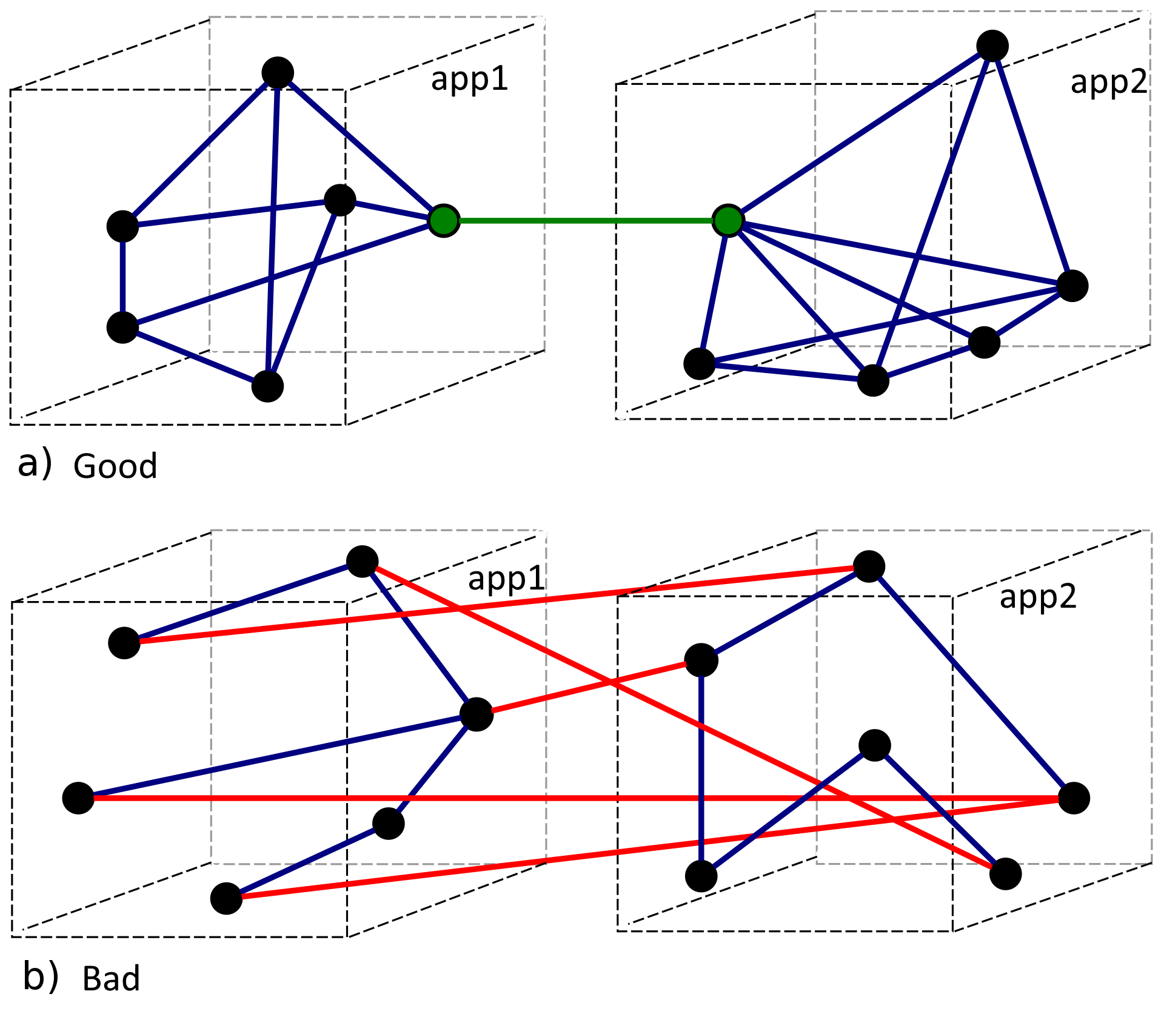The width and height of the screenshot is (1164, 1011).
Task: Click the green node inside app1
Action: click(x=444, y=220)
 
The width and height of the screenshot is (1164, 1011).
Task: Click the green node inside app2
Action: click(x=727, y=220)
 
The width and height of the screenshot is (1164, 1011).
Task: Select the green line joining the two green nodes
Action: click(x=585, y=221)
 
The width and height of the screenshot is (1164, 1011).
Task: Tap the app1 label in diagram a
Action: click(x=469, y=79)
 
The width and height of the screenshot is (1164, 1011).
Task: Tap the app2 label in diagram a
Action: click(x=1109, y=82)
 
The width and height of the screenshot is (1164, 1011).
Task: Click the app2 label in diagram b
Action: click(x=1038, y=597)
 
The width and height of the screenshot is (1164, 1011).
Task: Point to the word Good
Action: click(x=115, y=466)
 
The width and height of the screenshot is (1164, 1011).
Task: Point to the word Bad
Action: click(x=111, y=979)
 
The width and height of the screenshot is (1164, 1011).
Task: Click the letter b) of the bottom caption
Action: click(x=40, y=976)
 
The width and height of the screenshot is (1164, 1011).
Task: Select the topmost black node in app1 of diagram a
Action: click(x=278, y=73)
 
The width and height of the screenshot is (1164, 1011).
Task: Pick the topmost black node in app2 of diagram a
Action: click(x=992, y=45)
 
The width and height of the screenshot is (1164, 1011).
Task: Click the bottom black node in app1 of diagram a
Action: click(x=267, y=386)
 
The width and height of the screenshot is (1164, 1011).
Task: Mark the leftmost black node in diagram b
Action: click(x=78, y=798)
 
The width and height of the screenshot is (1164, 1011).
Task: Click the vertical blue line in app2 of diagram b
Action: click(x=701, y=770)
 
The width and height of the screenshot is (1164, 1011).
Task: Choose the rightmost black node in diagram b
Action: click(x=1074, y=798)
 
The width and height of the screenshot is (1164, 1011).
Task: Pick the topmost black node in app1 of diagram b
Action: click(x=363, y=561)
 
